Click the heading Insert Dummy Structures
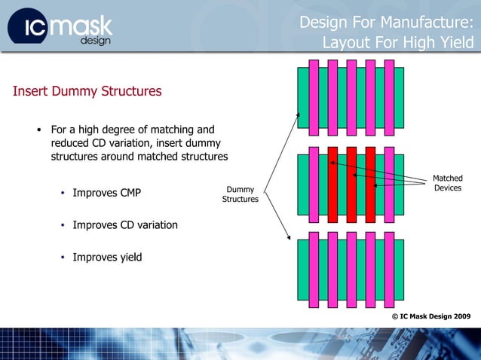[x=87, y=92]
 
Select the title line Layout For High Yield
[x=397, y=43]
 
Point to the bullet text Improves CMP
[x=106, y=193]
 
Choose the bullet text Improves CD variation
[x=125, y=224]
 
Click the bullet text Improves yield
[x=107, y=257]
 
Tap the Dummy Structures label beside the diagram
[x=240, y=194]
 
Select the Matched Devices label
[x=448, y=183]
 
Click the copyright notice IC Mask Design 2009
[x=431, y=316]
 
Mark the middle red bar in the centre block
[x=351, y=185]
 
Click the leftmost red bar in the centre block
[x=332, y=185]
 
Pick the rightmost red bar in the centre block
[x=370, y=185]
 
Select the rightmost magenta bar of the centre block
[x=389, y=185]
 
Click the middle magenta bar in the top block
[x=351, y=98]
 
